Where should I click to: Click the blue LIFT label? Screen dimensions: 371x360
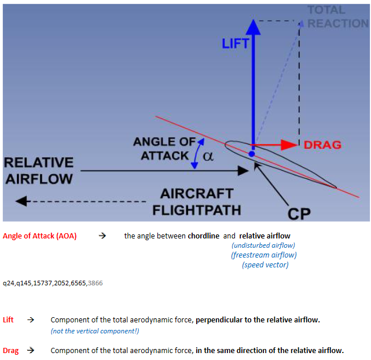pyautogui.click(x=235, y=43)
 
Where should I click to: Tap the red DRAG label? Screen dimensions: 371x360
pyautogui.click(x=322, y=145)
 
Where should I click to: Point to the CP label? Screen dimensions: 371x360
pyautogui.click(x=299, y=214)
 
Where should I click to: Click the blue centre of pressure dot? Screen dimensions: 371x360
pyautogui.click(x=252, y=154)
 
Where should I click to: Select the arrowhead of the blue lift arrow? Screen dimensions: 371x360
pyautogui.click(x=253, y=27)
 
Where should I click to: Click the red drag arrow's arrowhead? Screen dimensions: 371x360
pyautogui.click(x=289, y=145)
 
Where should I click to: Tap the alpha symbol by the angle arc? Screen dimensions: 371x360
pyautogui.click(x=208, y=156)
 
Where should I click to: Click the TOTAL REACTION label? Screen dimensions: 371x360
pyautogui.click(x=338, y=17)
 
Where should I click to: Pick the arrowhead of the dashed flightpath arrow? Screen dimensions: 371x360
pyautogui.click(x=23, y=201)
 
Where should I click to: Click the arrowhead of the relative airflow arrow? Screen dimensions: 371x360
pyautogui.click(x=243, y=171)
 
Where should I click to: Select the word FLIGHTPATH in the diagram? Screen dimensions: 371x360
pyautogui.click(x=197, y=210)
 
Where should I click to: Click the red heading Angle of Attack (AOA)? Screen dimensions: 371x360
pyautogui.click(x=40, y=236)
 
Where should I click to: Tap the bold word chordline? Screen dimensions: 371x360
pyautogui.click(x=204, y=236)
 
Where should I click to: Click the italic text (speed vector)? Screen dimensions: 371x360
pyautogui.click(x=265, y=265)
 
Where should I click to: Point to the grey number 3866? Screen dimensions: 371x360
pyautogui.click(x=95, y=283)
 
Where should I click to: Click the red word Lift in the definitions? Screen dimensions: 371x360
pyautogui.click(x=8, y=320)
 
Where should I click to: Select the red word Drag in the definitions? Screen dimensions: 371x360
pyautogui.click(x=10, y=351)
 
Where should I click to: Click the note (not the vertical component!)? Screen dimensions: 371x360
pyautogui.click(x=95, y=331)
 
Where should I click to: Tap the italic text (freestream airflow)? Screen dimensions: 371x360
pyautogui.click(x=264, y=255)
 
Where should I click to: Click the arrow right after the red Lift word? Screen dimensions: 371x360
pyautogui.click(x=31, y=320)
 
